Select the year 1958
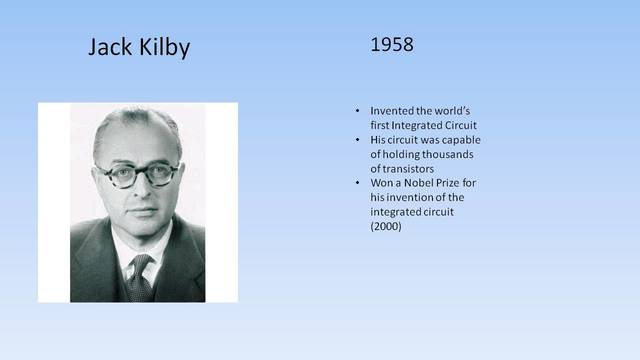click(392, 45)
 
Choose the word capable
click(462, 139)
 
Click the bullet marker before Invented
click(359, 110)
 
